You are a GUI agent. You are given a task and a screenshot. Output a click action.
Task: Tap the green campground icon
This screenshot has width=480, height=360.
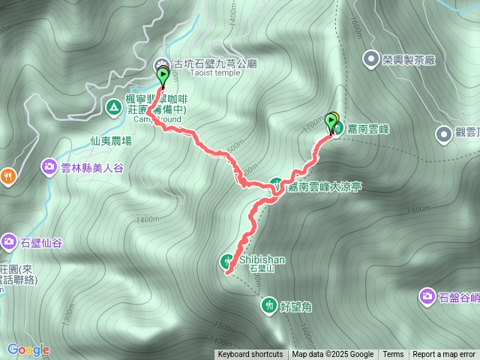coord(112,108)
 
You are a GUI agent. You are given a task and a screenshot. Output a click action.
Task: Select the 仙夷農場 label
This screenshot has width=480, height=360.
coord(111,140)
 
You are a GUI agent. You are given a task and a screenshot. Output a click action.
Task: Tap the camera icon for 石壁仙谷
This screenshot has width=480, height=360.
coord(9,241)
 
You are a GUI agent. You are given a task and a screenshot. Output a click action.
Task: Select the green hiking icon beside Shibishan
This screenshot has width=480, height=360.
coord(226,261)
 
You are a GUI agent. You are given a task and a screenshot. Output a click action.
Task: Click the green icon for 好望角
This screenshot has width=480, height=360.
coord(269,305)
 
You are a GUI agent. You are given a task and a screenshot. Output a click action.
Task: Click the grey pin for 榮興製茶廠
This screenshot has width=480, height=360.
coord(370,58)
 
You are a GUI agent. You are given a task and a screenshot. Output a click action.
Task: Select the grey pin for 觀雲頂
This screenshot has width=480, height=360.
coord(443,133)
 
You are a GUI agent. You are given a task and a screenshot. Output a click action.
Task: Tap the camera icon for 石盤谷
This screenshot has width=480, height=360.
coord(427,297)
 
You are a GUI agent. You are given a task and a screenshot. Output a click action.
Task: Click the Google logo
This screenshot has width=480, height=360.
coord(28,349)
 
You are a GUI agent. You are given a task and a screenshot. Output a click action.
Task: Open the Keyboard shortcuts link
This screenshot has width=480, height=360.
coord(250,355)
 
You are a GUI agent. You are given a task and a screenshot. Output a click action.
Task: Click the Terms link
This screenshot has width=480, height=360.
coord(393,355)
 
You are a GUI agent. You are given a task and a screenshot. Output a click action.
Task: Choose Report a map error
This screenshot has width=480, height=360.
coord(444,355)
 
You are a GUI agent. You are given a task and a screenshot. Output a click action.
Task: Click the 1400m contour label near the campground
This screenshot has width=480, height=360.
coord(148,220)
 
